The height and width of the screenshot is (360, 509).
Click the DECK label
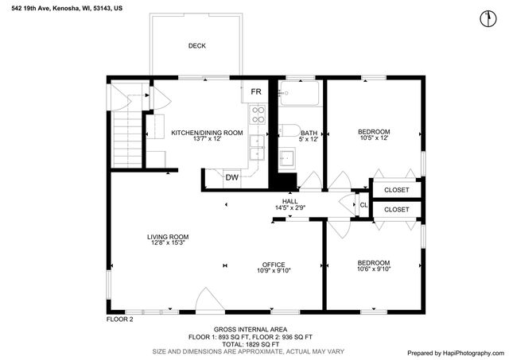tap(196, 46)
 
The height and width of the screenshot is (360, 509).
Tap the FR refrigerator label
tap(256, 92)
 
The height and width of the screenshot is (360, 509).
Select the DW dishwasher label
tap(231, 177)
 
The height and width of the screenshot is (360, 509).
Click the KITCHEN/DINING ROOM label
tap(207, 133)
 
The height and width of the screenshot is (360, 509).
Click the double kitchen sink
tap(257, 146)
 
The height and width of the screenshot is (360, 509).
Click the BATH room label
tap(309, 133)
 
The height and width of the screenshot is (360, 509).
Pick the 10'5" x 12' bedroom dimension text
tap(373, 138)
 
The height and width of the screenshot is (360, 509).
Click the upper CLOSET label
tap(396, 190)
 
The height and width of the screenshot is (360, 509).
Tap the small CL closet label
tap(363, 205)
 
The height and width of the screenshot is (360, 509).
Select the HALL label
tap(290, 201)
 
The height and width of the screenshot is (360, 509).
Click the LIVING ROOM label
tap(167, 236)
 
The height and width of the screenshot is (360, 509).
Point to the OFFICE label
tap(274, 264)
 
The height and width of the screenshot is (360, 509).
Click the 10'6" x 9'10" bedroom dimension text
tap(373, 269)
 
